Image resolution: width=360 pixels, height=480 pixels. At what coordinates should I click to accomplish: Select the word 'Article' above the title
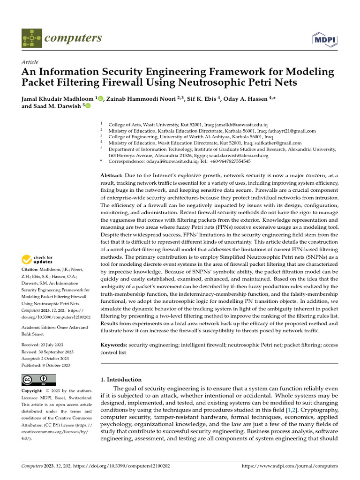point(30,62)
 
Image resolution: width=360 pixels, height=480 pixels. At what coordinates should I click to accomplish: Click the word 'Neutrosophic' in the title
point(226,83)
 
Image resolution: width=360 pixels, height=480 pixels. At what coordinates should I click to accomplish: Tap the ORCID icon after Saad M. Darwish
point(88,106)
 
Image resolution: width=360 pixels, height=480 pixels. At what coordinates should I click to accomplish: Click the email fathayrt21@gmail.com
point(292,131)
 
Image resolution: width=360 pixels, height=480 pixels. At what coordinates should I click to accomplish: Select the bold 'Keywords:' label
point(114,345)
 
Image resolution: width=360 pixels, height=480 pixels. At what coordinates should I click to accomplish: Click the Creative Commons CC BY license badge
point(38,380)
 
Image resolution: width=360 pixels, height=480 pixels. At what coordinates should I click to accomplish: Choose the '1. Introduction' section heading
point(121,380)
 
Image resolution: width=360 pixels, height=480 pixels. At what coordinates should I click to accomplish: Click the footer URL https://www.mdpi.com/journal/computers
point(289,466)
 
